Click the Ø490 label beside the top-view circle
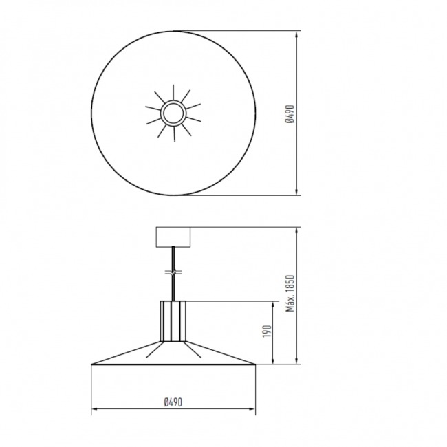tap(290, 114)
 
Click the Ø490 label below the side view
tap(173, 402)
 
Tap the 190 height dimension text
tap(267, 331)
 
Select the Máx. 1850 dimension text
tap(290, 294)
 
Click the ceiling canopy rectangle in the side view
tap(173, 237)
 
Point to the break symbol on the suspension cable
tap(173, 272)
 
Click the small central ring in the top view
tap(173, 113)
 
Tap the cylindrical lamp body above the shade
tap(173, 321)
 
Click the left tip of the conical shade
tap(91, 364)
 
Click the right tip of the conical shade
tap(255, 364)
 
